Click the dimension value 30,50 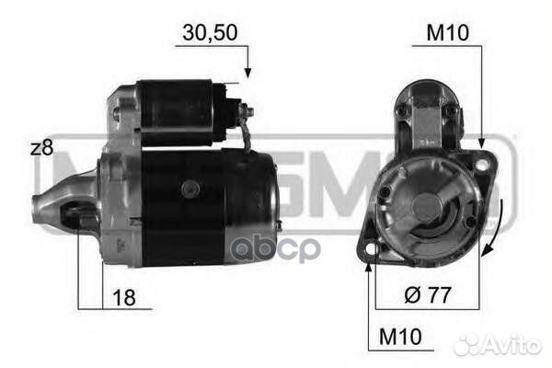211,32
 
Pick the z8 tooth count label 42,148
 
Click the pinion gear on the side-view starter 75,218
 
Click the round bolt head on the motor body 190,188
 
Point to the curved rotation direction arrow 497,231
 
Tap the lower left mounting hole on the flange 371,248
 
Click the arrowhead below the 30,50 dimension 246,72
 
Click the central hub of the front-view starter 425,208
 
